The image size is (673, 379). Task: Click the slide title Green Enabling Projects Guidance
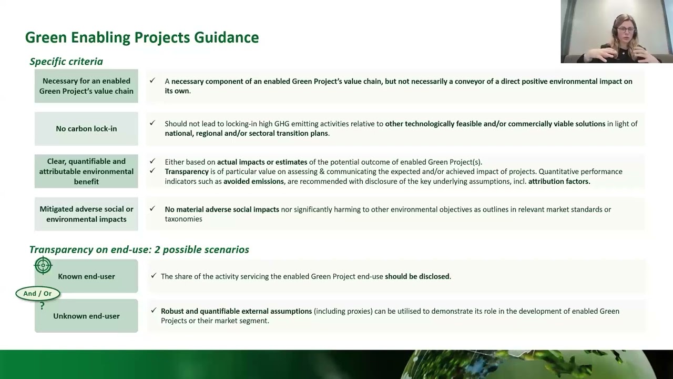pyautogui.click(x=142, y=37)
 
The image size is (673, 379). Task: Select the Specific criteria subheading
pyautogui.click(x=66, y=62)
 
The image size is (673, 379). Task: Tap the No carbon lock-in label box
pyautogui.click(x=86, y=128)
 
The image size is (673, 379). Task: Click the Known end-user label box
pyautogui.click(x=86, y=276)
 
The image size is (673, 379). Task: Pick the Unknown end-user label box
pyautogui.click(x=86, y=316)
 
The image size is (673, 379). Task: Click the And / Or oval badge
pyautogui.click(x=37, y=293)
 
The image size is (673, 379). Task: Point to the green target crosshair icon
pyautogui.click(x=43, y=266)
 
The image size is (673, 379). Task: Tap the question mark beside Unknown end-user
pyautogui.click(x=42, y=306)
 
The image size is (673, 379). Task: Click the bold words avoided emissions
pyautogui.click(x=253, y=181)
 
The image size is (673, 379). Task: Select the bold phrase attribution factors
pyautogui.click(x=559, y=181)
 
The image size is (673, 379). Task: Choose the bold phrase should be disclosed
pyautogui.click(x=417, y=276)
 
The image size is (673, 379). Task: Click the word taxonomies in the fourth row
pyautogui.click(x=183, y=219)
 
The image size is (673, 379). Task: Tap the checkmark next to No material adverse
pyautogui.click(x=152, y=209)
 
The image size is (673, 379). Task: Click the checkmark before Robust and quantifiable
pyautogui.click(x=154, y=311)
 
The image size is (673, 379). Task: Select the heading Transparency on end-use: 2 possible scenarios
pyautogui.click(x=139, y=250)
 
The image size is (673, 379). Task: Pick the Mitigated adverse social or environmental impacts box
pyautogui.click(x=86, y=214)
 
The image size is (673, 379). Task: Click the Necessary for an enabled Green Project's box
pyautogui.click(x=86, y=86)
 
